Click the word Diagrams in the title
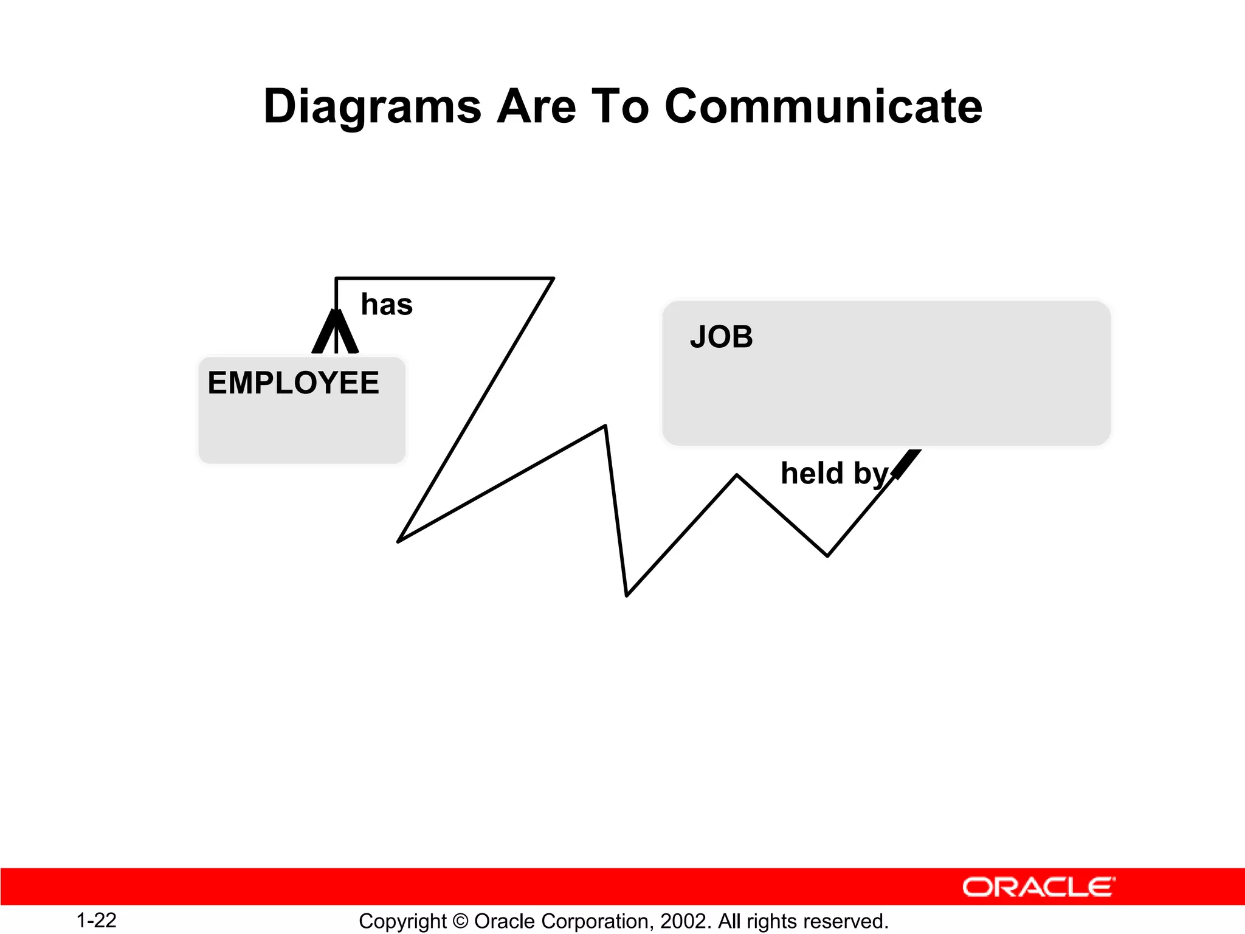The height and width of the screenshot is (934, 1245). coord(372,107)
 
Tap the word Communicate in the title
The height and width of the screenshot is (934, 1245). coord(823,107)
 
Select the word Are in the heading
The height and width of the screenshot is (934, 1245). coord(536,107)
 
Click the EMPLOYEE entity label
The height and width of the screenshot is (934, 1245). coord(293,383)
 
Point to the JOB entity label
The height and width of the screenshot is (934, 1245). coord(721,337)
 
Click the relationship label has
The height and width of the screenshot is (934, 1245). coord(387,305)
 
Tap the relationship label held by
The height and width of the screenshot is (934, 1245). coord(834,474)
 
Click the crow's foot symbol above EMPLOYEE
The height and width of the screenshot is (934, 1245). coord(336,333)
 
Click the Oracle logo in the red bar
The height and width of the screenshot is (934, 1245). coord(1038,887)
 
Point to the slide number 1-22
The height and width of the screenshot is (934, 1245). coord(96,921)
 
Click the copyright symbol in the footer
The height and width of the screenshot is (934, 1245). coord(461,921)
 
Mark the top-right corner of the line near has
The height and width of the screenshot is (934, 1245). coord(553,278)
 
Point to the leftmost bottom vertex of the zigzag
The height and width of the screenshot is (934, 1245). coord(399,541)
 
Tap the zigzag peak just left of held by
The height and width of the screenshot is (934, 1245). coord(737,476)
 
